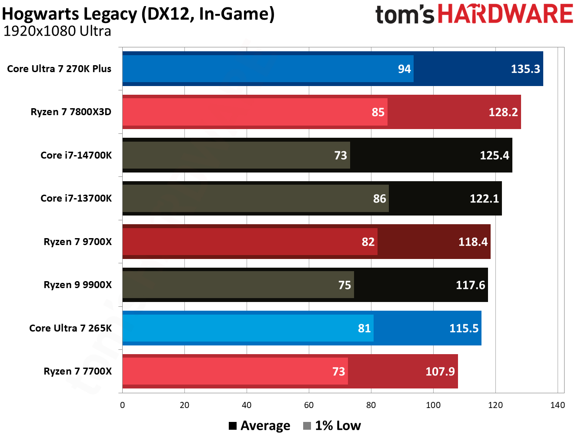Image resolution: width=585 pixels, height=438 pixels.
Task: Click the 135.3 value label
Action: point(525,69)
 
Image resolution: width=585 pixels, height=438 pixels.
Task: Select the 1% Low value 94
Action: point(404,69)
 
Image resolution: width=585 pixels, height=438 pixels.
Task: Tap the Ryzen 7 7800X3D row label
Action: point(71,112)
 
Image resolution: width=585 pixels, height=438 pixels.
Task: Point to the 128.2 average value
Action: point(503,113)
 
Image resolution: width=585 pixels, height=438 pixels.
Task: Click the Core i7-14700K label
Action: point(76,155)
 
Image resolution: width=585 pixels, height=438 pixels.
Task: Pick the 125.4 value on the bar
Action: point(494,156)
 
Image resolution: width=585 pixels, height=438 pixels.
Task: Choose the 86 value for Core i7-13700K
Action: point(379,199)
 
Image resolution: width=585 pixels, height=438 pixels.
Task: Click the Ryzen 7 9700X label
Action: point(77,242)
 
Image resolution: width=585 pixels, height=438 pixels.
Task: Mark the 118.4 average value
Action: point(473,242)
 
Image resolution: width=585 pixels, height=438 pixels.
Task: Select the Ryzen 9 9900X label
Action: point(77,285)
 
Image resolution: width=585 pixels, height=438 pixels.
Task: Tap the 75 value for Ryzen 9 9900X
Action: point(344,285)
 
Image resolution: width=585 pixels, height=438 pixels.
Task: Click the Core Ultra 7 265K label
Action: point(70,328)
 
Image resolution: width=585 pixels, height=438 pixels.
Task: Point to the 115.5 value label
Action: point(464,328)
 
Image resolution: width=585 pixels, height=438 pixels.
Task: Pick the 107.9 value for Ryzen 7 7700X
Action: point(440,372)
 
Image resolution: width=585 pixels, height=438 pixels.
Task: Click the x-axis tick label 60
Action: point(309,405)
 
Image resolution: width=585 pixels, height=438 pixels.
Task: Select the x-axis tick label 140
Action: point(557,405)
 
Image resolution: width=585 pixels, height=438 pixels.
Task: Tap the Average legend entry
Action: point(260,426)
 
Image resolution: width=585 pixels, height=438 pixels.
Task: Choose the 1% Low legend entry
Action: point(332,426)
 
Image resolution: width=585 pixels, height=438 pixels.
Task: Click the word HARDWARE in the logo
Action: point(505,14)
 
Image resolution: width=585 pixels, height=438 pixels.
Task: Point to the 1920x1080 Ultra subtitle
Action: point(57,31)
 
